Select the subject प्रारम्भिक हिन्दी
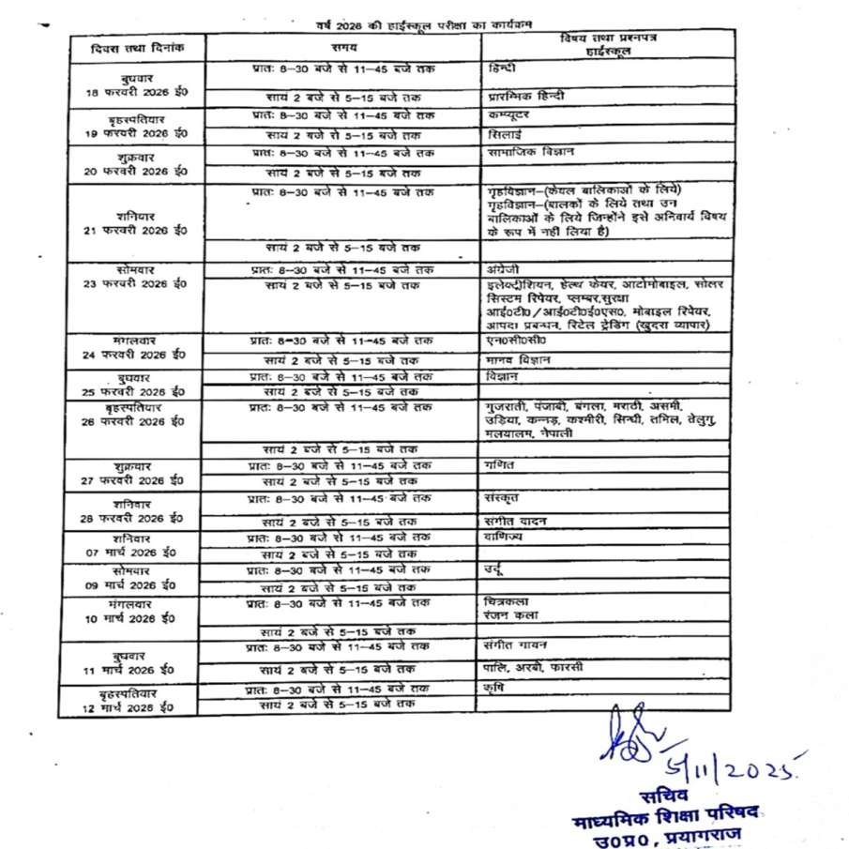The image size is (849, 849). click(x=526, y=96)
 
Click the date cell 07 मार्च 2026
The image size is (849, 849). click(x=135, y=553)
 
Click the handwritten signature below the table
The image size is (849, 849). click(x=638, y=742)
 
